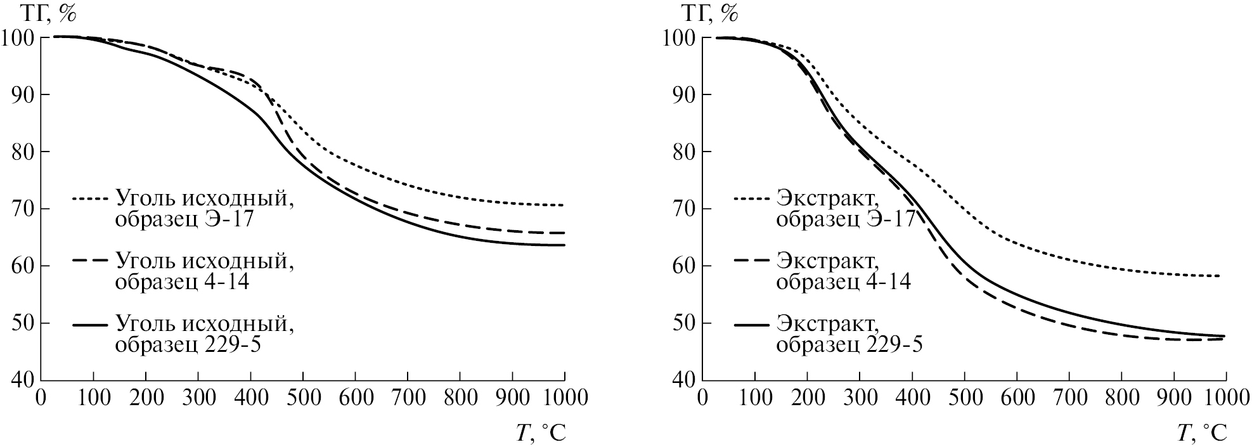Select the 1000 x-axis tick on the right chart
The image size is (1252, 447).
coord(1225,398)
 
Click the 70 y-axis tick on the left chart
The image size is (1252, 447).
coord(24,209)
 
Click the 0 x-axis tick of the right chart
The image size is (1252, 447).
coord(702,398)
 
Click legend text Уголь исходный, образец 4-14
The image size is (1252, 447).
coord(205,271)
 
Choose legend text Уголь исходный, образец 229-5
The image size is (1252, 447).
coord(205,334)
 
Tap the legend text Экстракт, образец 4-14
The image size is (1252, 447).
coord(844,271)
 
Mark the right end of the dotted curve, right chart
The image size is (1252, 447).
coord(1219,276)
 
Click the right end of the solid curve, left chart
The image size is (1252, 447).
coord(564,245)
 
